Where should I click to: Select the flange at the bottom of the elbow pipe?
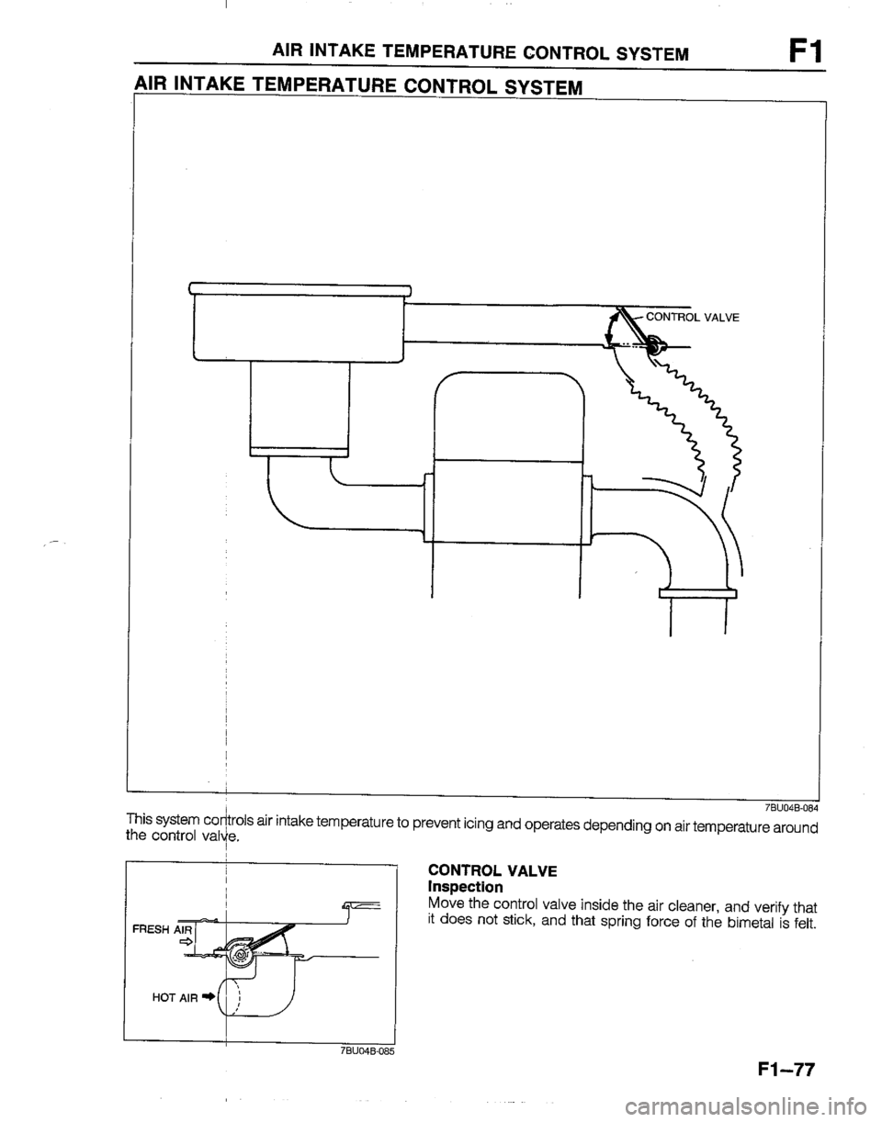click(697, 593)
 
